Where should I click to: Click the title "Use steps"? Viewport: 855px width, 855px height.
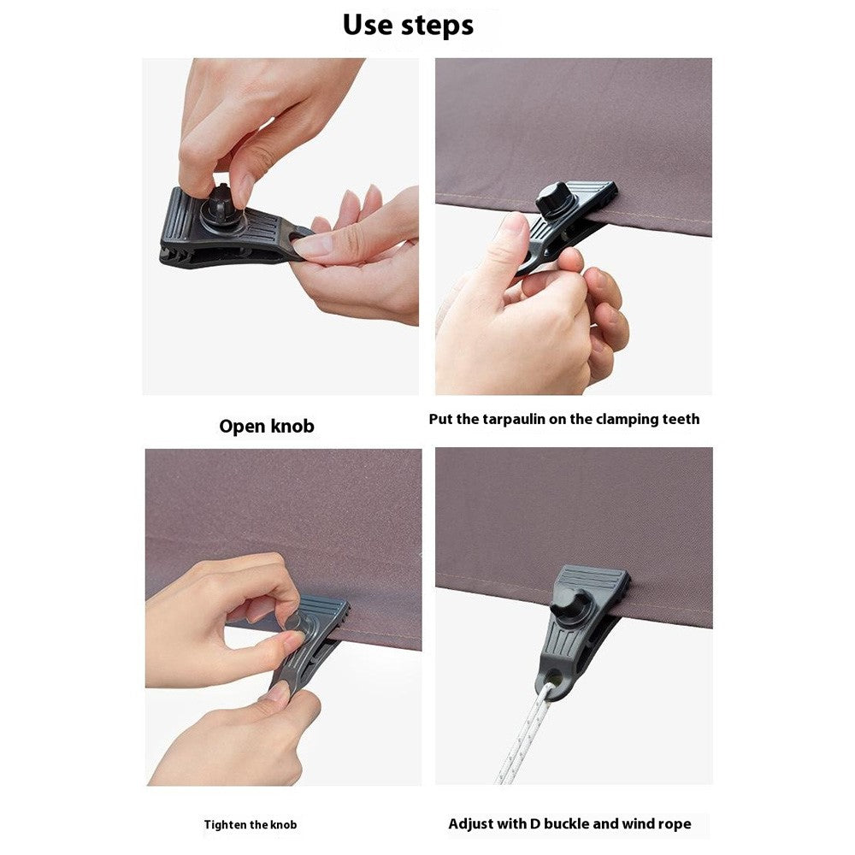click(x=408, y=25)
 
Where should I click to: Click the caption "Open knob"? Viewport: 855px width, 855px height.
click(x=267, y=426)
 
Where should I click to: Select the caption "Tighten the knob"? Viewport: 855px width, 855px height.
click(x=251, y=825)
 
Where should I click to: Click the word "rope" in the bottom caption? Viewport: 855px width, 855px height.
click(x=671, y=824)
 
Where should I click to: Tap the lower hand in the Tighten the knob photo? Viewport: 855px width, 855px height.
click(x=231, y=740)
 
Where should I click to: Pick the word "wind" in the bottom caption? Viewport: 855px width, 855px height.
click(x=636, y=824)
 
